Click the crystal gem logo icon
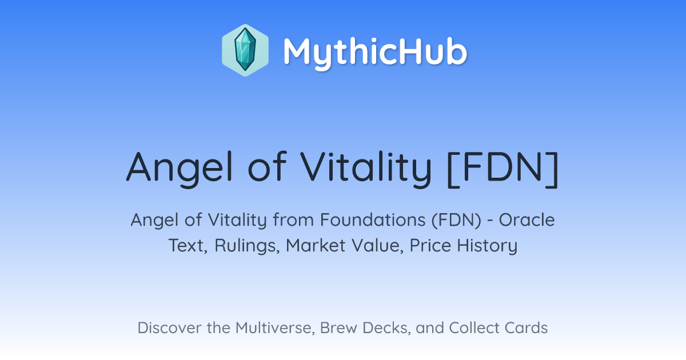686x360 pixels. point(245,50)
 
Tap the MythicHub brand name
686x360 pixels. point(375,53)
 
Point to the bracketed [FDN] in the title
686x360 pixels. point(503,169)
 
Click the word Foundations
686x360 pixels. point(373,220)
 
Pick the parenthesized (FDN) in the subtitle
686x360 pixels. point(456,220)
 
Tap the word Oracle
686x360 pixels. point(527,220)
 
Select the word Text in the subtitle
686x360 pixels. point(188,246)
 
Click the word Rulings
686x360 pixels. point(247,246)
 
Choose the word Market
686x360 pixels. point(316,245)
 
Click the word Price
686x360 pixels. point(430,245)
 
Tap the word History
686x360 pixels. point(487,246)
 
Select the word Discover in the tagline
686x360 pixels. point(169,328)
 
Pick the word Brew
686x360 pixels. point(338,328)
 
